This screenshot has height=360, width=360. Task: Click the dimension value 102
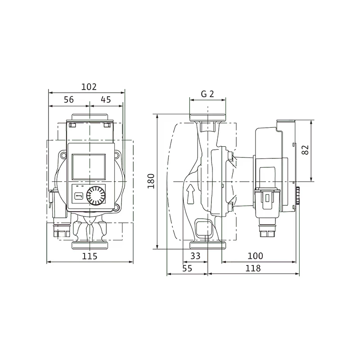(x=89, y=87)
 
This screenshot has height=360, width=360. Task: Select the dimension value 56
(x=69, y=99)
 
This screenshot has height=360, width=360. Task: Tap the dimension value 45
(x=106, y=99)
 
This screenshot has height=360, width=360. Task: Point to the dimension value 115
(x=90, y=256)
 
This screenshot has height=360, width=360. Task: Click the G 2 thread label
(x=207, y=94)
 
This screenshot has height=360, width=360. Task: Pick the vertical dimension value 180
(x=151, y=181)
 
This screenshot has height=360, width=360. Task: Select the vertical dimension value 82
(x=305, y=150)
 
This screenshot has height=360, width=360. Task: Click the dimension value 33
(x=195, y=256)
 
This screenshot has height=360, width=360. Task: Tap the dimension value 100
(x=255, y=256)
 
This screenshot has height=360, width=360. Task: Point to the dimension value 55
(x=187, y=268)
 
